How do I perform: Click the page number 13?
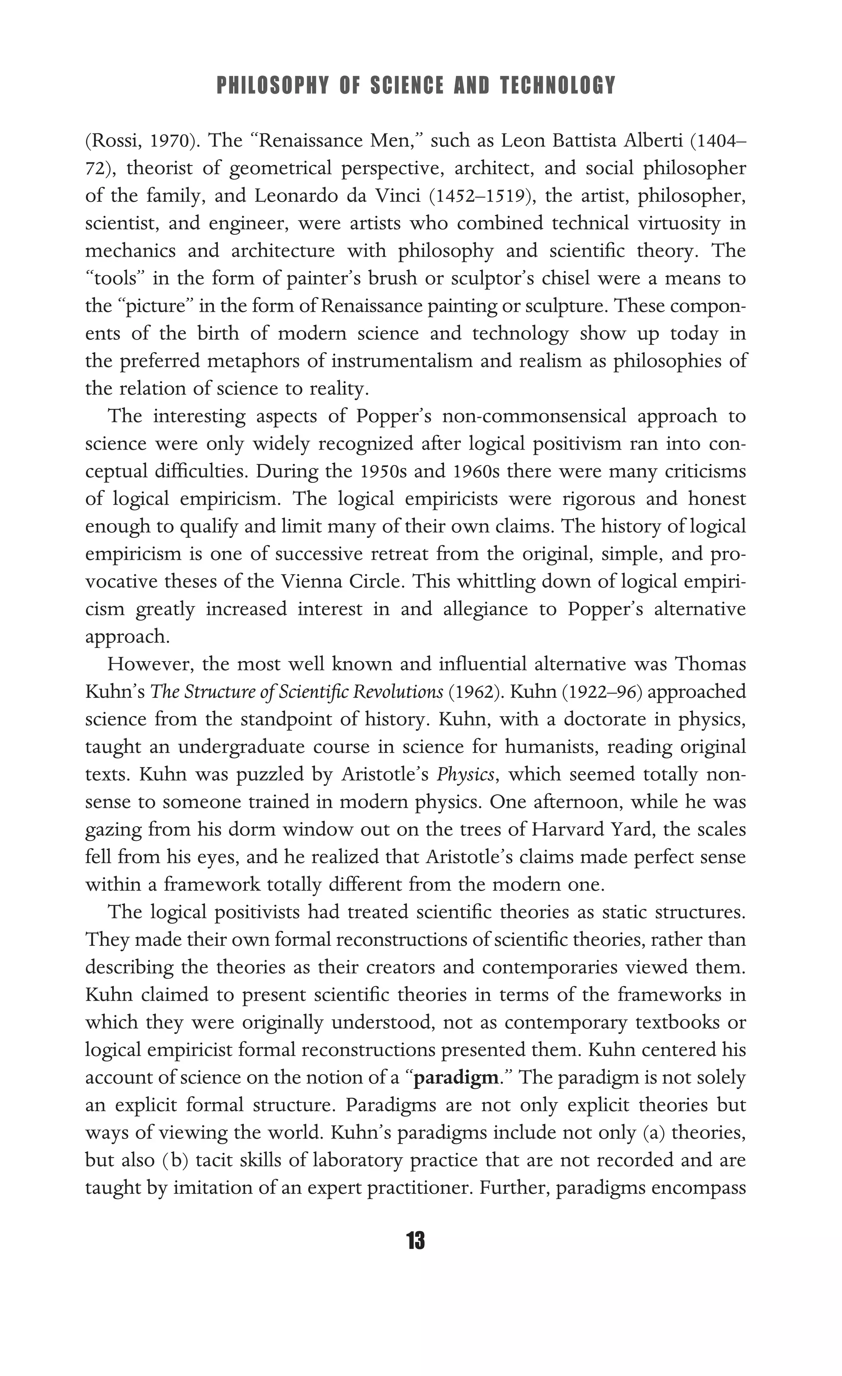click(x=416, y=1241)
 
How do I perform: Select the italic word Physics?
click(x=466, y=774)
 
